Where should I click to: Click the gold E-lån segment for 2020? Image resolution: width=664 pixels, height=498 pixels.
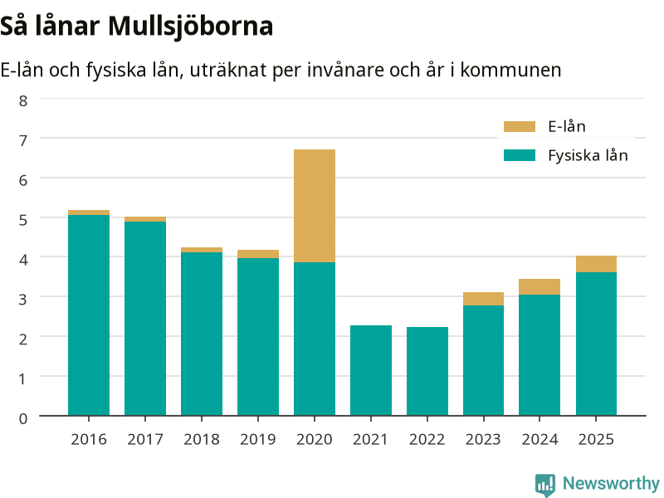[315, 206]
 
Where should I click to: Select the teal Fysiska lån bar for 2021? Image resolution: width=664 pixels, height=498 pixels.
[371, 370]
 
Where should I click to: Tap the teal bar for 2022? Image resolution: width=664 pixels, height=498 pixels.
[427, 371]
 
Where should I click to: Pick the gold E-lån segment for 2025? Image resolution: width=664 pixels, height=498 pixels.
[596, 264]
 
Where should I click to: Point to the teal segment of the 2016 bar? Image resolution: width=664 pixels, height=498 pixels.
[89, 315]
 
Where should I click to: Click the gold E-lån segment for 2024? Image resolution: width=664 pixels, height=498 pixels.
[539, 286]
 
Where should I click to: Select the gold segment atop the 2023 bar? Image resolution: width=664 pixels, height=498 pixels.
[483, 299]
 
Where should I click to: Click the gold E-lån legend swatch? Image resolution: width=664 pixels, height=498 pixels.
[520, 127]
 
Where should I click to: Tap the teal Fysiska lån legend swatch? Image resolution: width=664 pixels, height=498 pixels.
[520, 155]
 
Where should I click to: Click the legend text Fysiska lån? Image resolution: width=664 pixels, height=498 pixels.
[588, 155]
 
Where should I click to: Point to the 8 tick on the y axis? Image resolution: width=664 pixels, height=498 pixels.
[23, 100]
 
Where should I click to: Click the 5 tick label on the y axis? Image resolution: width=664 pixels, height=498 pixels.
[23, 220]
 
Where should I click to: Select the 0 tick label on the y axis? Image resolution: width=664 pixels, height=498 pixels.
[23, 418]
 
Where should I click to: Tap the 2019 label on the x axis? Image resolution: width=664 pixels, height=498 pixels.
[258, 439]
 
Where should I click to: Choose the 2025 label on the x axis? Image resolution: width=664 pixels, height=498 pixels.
[596, 439]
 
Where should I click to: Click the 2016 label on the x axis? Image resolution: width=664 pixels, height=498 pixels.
[89, 439]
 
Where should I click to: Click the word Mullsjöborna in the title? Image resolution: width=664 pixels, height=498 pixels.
[191, 27]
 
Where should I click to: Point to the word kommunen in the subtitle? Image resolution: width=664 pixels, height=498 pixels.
[510, 70]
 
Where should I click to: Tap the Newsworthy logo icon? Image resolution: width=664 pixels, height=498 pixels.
[545, 485]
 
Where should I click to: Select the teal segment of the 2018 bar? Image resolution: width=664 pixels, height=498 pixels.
[202, 334]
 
